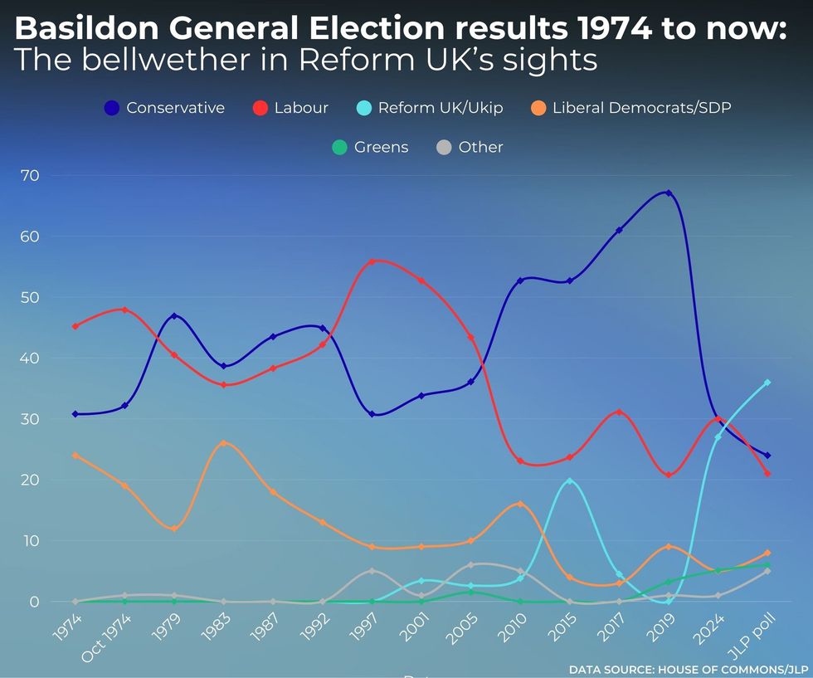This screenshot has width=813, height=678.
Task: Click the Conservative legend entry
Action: (164, 108)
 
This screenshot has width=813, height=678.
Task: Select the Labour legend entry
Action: (290, 108)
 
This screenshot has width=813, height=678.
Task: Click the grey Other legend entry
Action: (470, 147)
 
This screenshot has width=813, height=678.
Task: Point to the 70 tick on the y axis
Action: (31, 175)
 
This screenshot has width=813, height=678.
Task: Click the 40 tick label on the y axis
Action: (31, 359)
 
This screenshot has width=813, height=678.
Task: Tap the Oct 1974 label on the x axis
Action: (106, 634)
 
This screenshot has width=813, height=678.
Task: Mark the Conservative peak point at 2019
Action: (669, 193)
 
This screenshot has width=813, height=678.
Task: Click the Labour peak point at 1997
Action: (372, 261)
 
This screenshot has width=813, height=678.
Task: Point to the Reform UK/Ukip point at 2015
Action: (569, 481)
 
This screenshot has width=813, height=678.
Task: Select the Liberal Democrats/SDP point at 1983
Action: (223, 443)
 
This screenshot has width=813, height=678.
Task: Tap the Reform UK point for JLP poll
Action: (767, 383)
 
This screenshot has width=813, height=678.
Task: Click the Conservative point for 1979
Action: (174, 315)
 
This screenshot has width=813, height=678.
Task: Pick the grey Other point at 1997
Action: (372, 571)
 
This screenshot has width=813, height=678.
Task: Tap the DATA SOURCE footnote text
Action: (688, 669)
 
